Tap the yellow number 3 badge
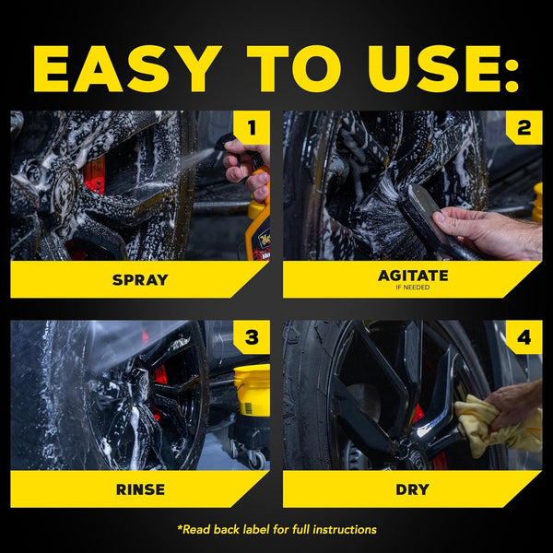(x=252, y=338)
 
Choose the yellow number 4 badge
(x=524, y=338)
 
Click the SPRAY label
(x=140, y=279)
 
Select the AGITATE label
(x=412, y=276)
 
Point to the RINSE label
(x=140, y=489)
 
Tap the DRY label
(x=412, y=489)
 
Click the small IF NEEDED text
(x=412, y=288)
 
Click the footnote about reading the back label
(x=276, y=529)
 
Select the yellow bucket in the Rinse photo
(x=252, y=387)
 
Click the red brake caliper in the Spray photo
(x=93, y=175)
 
